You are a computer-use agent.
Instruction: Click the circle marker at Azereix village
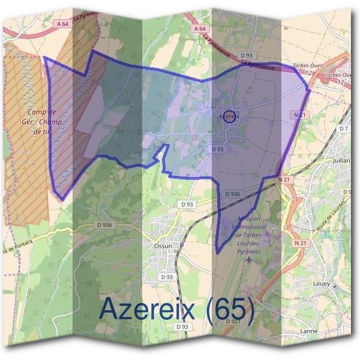(x=228, y=118)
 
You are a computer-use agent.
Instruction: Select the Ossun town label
(x=163, y=246)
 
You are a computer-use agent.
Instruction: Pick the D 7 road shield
(x=343, y=129)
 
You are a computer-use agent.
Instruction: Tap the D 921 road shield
(x=234, y=322)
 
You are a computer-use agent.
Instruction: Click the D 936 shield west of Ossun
(x=104, y=224)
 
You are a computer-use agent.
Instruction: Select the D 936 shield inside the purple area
(x=233, y=194)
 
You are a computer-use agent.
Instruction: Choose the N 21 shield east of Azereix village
(x=301, y=114)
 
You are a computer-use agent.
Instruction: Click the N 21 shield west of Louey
(x=301, y=242)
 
